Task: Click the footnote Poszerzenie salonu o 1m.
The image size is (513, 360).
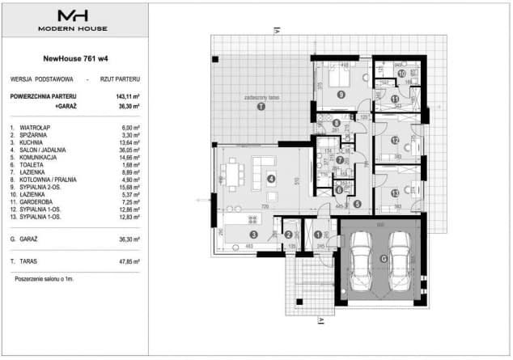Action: pos(45,277)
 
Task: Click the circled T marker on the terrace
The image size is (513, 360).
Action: pos(260,106)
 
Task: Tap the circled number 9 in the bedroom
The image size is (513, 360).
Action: pos(341,95)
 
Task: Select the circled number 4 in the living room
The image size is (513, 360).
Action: pos(271,178)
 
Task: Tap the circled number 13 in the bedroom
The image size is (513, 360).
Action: pos(394,193)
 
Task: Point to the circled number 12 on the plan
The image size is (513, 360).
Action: pos(395,140)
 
